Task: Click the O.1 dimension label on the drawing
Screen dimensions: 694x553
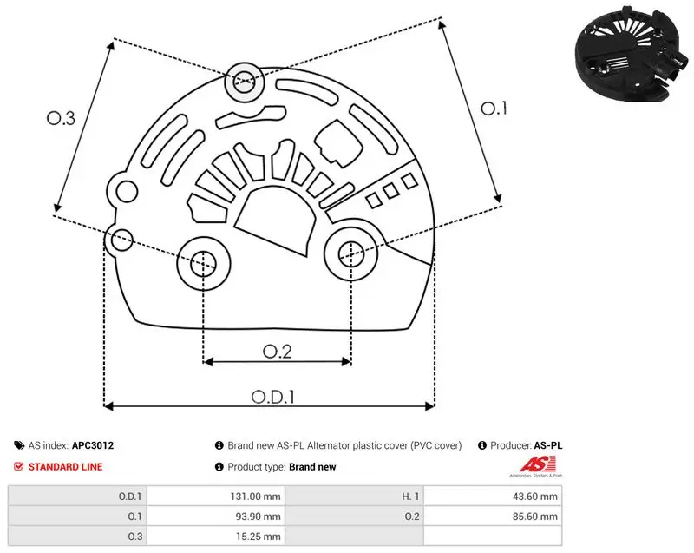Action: [x=494, y=108]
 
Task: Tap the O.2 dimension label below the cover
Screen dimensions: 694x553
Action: [x=277, y=352]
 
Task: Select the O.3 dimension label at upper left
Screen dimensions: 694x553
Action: [x=61, y=118]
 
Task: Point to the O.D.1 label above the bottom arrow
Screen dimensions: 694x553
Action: [x=273, y=397]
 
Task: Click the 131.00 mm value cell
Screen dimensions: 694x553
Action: [x=255, y=497]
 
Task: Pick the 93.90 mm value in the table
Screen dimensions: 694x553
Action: [x=258, y=517]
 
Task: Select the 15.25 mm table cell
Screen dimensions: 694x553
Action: [x=258, y=537]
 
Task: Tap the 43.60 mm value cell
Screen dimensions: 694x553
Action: [x=535, y=497]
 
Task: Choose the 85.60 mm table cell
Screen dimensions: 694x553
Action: [x=535, y=517]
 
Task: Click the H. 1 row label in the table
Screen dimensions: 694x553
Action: [x=410, y=497]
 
